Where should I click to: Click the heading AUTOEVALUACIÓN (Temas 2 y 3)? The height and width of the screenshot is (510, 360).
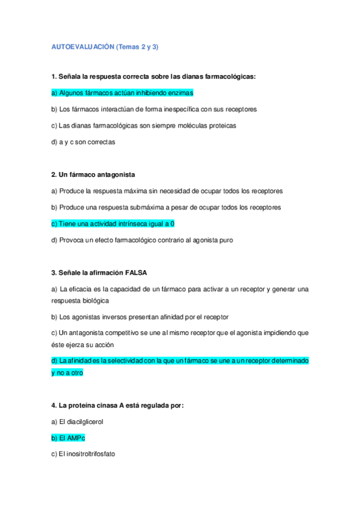pyautogui.click(x=105, y=46)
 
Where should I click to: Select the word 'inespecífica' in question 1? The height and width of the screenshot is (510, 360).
pyautogui.click(x=177, y=109)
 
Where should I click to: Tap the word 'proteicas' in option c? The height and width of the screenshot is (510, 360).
pyautogui.click(x=221, y=126)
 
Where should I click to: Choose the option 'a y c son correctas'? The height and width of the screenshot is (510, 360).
pyautogui.click(x=83, y=142)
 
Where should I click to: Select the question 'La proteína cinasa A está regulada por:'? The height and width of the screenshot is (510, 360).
pyautogui.click(x=117, y=405)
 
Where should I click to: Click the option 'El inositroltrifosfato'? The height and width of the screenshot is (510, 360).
pyautogui.click(x=83, y=455)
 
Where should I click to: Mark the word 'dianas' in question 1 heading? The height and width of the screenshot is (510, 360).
pyautogui.click(x=189, y=76)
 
